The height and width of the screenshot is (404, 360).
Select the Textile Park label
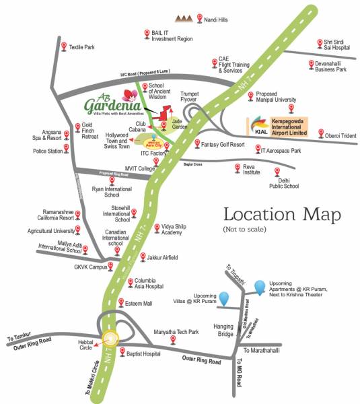click(81, 47)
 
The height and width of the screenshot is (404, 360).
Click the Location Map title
click(281, 215)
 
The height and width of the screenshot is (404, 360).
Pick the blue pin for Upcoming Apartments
click(259, 286)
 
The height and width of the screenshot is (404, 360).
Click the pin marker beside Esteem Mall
click(120, 302)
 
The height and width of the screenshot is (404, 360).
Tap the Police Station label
click(48, 151)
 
